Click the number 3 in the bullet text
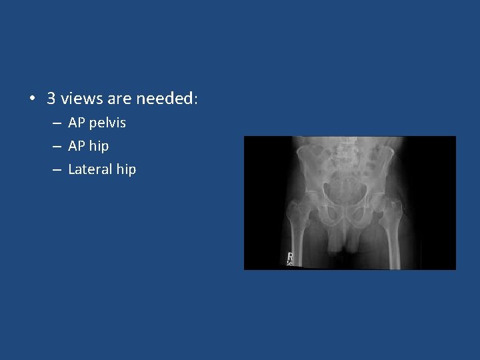[51, 99]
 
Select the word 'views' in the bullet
[81, 99]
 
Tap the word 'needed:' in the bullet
[167, 99]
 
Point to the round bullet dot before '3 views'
[31, 99]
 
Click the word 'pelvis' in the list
[107, 123]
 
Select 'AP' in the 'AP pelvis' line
[77, 123]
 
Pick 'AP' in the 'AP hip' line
[77, 146]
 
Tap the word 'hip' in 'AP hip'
[98, 146]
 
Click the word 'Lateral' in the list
[90, 169]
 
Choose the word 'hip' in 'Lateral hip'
[125, 169]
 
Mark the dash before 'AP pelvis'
[57, 123]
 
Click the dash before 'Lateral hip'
[57, 170]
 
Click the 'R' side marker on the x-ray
[290, 257]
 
